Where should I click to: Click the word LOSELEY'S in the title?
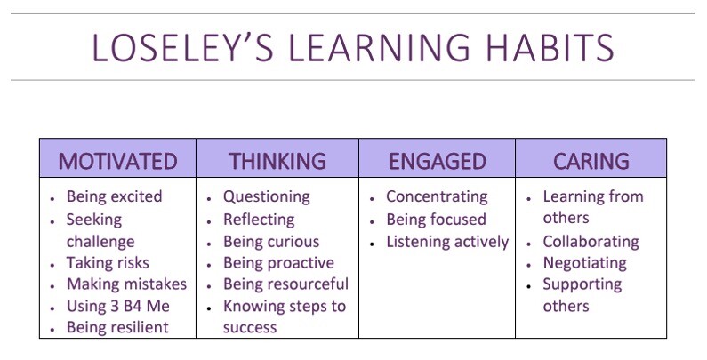pos(182,47)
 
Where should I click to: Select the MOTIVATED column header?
pos(117,161)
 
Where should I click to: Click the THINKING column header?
pos(277,161)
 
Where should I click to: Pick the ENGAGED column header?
pos(438,161)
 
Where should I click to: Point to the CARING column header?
pos(591,161)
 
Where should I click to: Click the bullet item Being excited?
pos(115,197)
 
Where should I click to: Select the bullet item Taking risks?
pos(108,263)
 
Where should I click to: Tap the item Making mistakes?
pos(126,284)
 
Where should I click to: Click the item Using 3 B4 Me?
pos(118,307)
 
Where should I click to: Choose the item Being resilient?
pos(117,328)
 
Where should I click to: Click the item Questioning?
pos(267,197)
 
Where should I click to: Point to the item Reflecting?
pos(260,220)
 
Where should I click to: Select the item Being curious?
pos(271,242)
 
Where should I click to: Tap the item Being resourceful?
pos(285,284)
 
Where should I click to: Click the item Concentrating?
pos(437,197)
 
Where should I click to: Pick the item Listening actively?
pos(447,242)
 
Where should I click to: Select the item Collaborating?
pos(591,242)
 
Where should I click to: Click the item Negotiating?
pos(585,263)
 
